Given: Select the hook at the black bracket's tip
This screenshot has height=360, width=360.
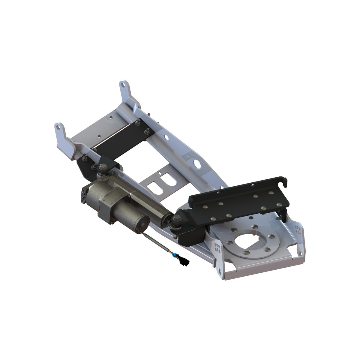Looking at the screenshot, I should (x=285, y=181).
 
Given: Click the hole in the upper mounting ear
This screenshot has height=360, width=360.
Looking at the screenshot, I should (x=123, y=86).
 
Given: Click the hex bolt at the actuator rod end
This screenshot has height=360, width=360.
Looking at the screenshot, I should (x=175, y=221).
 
